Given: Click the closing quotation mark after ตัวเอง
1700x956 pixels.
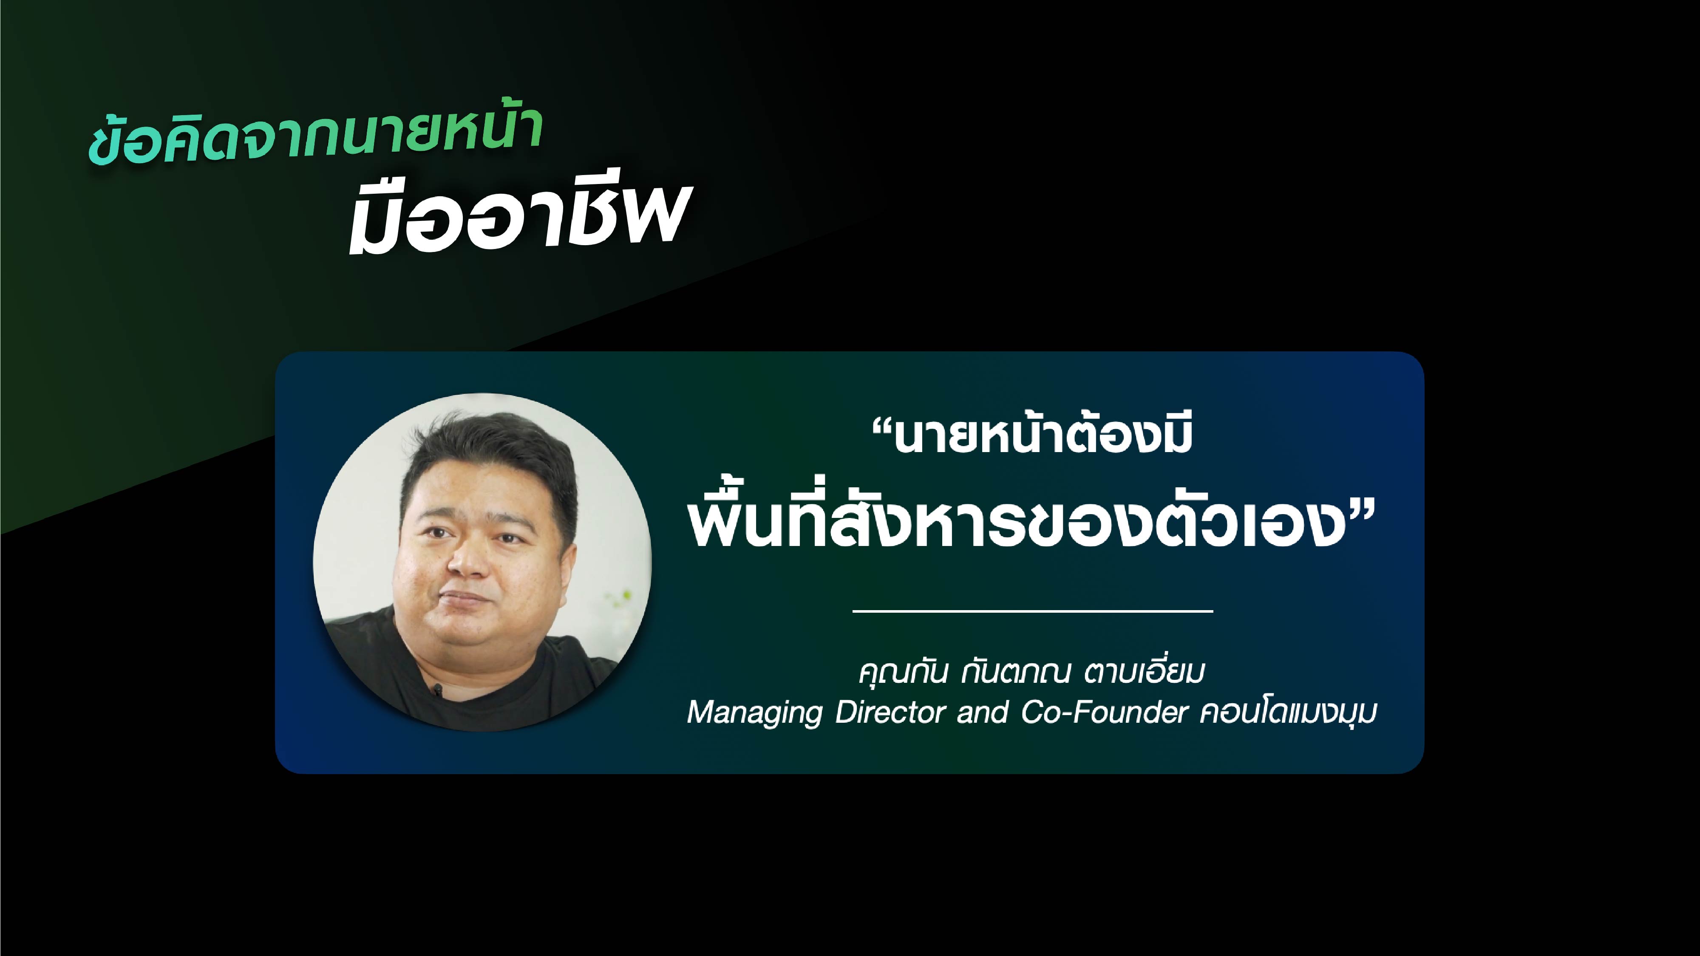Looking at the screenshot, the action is coord(1361,508).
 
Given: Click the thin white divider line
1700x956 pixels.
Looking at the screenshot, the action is coord(1033,611).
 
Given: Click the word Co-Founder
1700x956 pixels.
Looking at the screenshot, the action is coord(1104,712).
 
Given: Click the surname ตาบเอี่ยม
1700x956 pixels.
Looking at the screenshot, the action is coord(1144,672).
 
